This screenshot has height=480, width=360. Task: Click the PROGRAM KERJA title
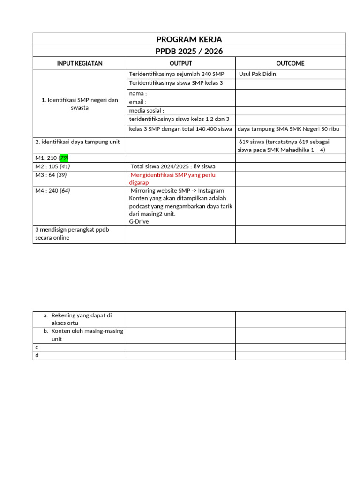coord(189,39)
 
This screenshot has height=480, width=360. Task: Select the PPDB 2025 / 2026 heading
coord(189,51)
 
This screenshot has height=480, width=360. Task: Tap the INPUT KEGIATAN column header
coord(80,63)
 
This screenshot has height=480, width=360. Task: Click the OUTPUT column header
coord(180,63)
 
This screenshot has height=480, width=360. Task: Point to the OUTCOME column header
coord(290,63)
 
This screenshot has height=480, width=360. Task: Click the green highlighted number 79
coord(64,157)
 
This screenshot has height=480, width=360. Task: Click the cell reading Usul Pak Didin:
coord(258,74)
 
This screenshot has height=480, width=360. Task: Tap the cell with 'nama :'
coord(138,93)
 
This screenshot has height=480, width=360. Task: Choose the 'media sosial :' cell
coord(147,111)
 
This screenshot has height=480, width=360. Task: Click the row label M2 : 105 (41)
coord(53,166)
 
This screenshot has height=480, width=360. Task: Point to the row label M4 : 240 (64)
coord(53,191)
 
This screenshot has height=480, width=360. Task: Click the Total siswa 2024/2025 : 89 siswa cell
coord(173,166)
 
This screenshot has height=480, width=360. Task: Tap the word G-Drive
coord(139,221)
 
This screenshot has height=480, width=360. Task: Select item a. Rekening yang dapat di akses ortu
coord(82,319)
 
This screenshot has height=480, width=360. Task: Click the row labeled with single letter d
coord(37,356)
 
